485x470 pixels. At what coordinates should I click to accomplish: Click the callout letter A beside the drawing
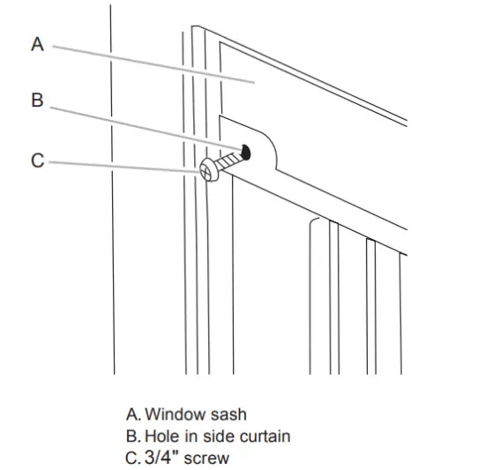point(37,44)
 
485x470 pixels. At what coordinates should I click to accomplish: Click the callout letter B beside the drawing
point(37,101)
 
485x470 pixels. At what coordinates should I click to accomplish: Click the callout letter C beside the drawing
point(37,160)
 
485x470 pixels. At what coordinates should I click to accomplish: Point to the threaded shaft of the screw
point(229,160)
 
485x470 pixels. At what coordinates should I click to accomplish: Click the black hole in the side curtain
point(245,151)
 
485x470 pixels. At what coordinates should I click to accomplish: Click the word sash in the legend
point(226,414)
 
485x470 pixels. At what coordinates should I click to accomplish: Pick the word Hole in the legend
point(160,436)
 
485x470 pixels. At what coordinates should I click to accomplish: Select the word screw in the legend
point(207,458)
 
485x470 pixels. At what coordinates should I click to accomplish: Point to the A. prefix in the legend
point(133,414)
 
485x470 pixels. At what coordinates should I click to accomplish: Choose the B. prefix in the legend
point(134,436)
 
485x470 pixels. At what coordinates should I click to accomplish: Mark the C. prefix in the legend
point(134,458)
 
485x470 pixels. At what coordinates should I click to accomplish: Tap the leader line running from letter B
point(141,125)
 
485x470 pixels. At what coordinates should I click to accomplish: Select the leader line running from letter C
point(123,166)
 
